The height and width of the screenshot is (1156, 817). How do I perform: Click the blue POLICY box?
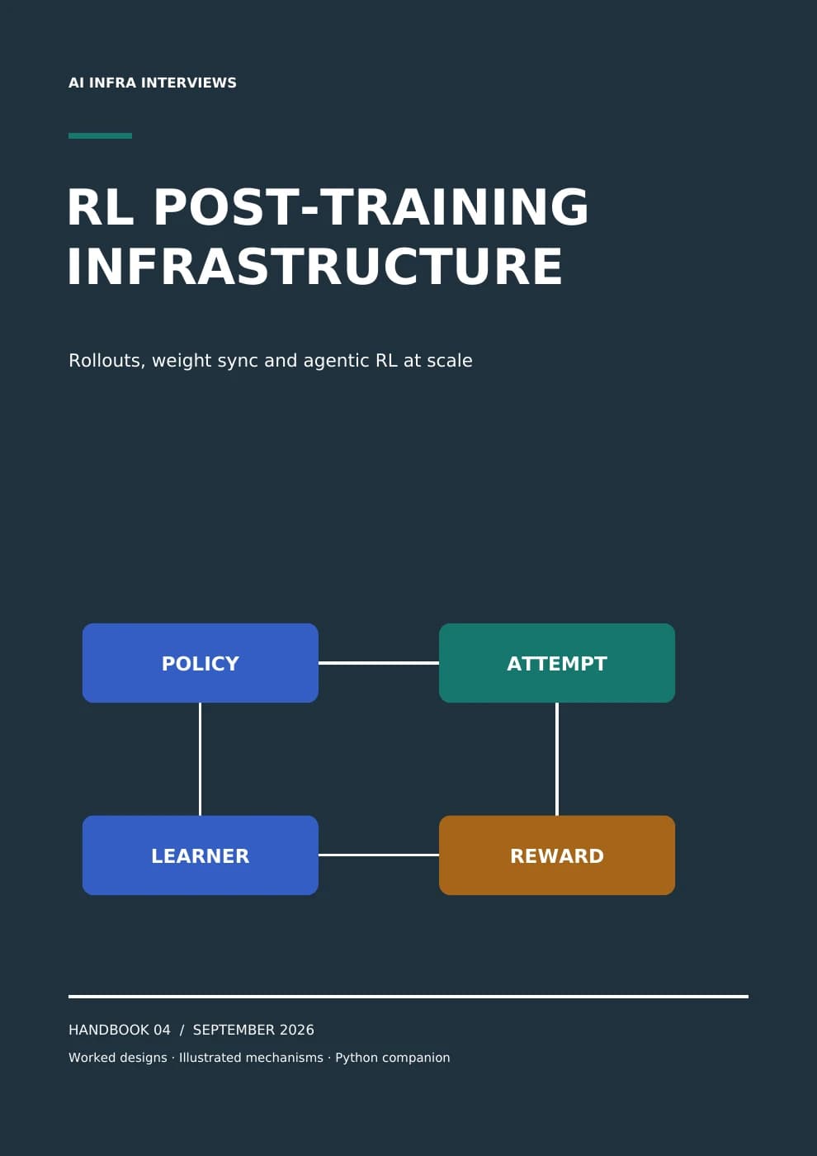coord(200,663)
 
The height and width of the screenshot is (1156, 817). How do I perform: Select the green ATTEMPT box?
coord(557,663)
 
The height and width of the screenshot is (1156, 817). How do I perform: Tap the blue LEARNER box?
coord(200,855)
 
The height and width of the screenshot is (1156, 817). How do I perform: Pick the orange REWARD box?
coord(557,855)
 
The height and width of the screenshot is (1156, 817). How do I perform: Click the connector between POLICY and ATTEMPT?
coord(379,663)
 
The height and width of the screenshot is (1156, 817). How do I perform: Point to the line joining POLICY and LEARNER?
coord(200,759)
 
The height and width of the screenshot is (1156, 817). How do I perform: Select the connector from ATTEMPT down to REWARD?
coord(557,759)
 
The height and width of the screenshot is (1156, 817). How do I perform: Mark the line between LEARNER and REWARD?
coord(379,855)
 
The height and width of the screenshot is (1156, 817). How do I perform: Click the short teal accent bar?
coord(100,135)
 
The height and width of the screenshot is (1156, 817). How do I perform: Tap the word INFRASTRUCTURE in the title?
coord(314,266)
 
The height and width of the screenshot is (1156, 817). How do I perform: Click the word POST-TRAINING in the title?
coord(371,206)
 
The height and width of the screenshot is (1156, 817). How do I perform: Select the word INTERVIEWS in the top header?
coord(188,83)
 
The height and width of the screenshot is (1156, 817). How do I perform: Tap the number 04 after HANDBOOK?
coord(162,1030)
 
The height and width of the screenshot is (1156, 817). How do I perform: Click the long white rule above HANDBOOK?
coord(408,997)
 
